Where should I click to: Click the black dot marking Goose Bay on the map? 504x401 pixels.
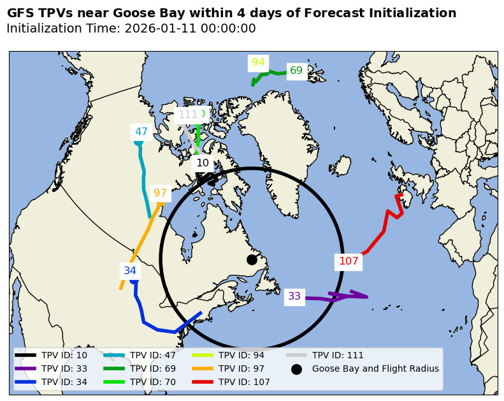pos(252,259)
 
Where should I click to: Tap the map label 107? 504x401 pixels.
pos(349,261)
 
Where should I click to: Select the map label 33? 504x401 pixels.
pos(294,296)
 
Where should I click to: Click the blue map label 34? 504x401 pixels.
pos(130,270)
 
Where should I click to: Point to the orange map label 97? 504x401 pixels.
pos(160,193)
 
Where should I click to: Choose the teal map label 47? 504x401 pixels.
pos(141,132)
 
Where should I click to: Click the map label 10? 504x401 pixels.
pos(203,163)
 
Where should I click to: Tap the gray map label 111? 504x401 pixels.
pos(187,115)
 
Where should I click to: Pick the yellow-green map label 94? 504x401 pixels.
pos(258,62)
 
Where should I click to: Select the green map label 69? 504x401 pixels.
pos(296,71)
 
